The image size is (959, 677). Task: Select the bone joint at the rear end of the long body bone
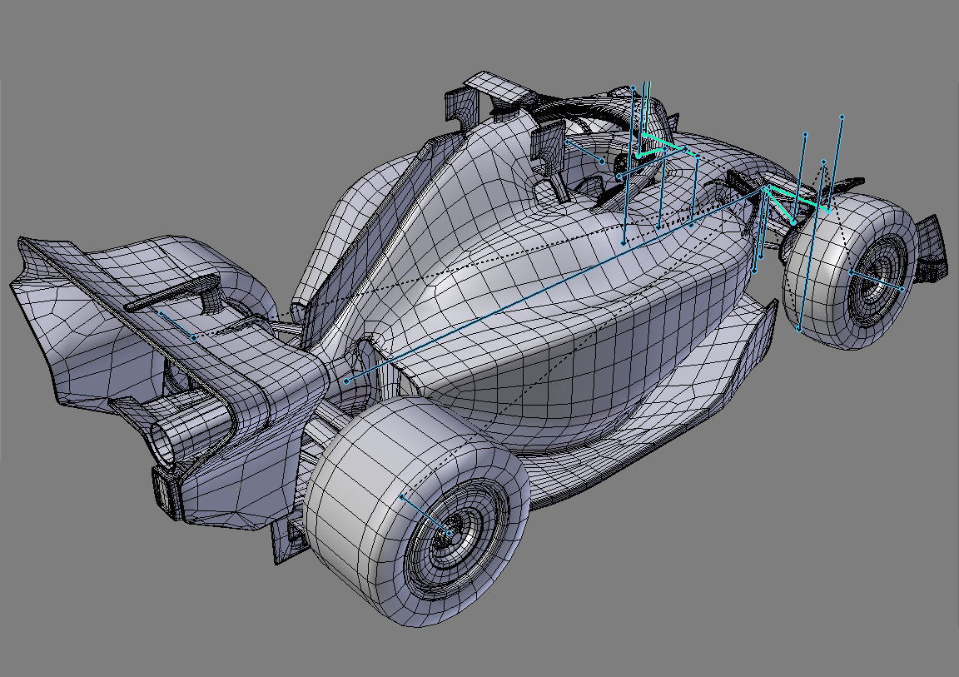(x=346, y=381)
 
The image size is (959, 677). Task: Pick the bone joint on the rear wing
(x=193, y=337)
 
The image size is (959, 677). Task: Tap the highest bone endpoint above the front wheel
(x=842, y=117)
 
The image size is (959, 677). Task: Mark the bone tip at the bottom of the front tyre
(x=799, y=330)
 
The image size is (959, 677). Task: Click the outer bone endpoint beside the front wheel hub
(x=902, y=289)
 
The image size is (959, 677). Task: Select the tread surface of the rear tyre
(x=358, y=466)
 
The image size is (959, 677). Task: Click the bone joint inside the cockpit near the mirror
(x=602, y=161)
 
